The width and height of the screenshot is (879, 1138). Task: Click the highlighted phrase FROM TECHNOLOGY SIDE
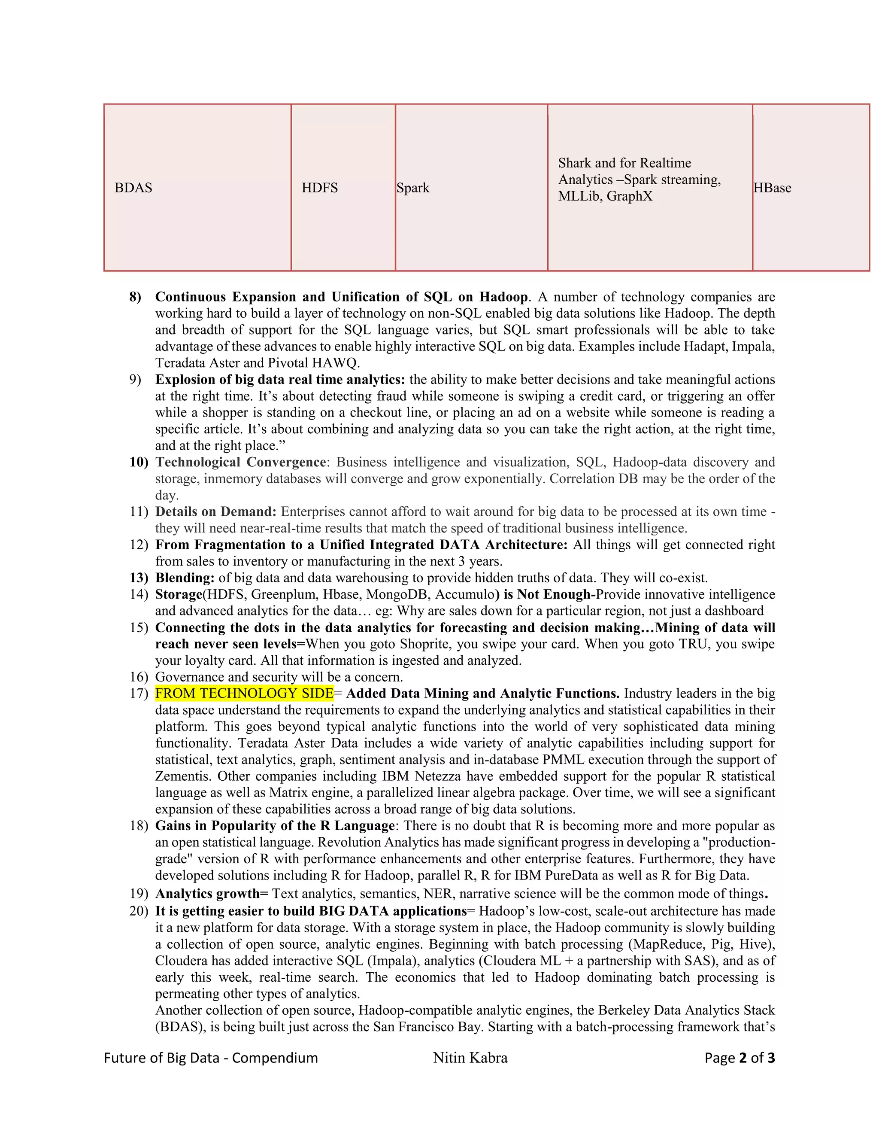click(x=244, y=693)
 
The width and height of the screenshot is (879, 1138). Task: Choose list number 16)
click(x=139, y=676)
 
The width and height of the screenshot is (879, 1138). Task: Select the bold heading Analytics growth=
click(x=212, y=893)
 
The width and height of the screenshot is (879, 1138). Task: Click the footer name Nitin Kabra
click(x=470, y=1057)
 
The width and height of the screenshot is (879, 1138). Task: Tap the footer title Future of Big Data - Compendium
click(x=211, y=1057)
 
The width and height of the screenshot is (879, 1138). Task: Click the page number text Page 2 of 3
click(x=740, y=1057)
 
